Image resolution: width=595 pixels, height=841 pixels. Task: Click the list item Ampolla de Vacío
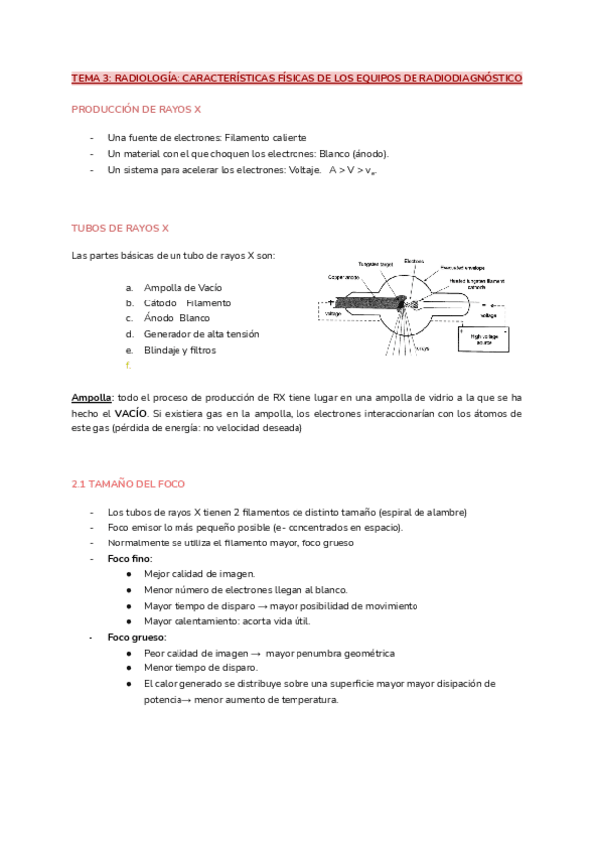(x=182, y=287)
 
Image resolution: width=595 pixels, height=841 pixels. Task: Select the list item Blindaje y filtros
(x=179, y=350)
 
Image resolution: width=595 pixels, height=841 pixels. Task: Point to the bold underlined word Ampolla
(x=91, y=397)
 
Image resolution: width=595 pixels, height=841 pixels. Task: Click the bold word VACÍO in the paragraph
(x=130, y=413)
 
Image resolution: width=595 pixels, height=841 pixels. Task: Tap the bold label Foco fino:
(x=130, y=559)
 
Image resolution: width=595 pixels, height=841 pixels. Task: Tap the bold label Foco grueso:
(x=137, y=637)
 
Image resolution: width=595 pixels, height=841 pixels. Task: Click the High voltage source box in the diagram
(x=483, y=339)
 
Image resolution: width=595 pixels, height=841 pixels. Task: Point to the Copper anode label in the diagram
(x=343, y=277)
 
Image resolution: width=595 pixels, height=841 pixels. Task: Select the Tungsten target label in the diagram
(x=375, y=264)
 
